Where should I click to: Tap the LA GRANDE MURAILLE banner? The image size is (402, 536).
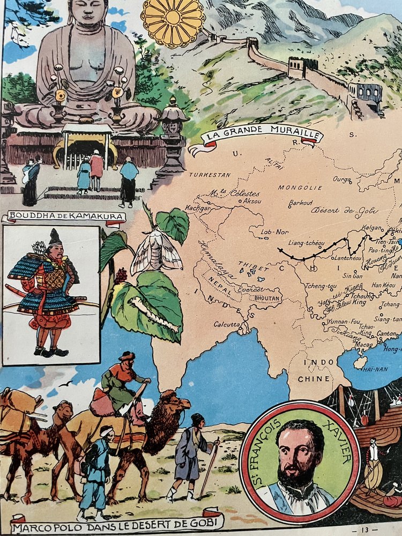tap(255, 132)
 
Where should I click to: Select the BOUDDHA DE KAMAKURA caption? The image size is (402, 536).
tap(64, 217)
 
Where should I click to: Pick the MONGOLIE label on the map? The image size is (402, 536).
tap(300, 188)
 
